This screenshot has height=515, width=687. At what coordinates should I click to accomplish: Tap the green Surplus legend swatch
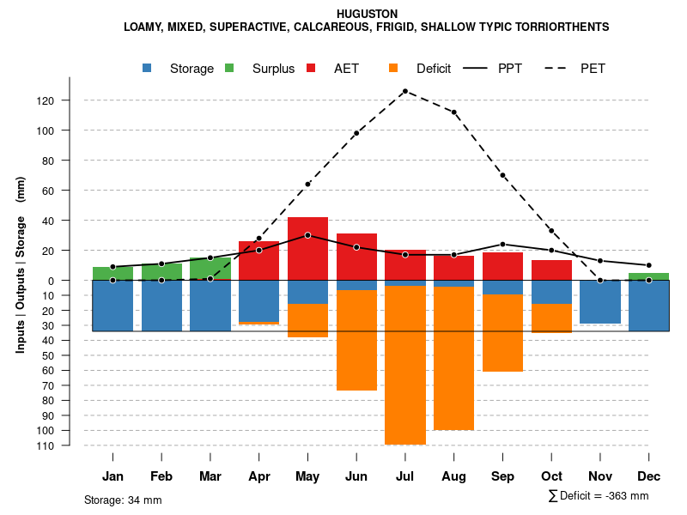click(229, 68)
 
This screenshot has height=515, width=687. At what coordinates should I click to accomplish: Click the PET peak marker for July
click(404, 91)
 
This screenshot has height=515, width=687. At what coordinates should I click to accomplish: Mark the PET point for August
click(453, 112)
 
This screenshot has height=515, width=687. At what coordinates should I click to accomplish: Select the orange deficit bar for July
click(404, 365)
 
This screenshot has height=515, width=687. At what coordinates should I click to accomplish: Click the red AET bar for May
click(307, 249)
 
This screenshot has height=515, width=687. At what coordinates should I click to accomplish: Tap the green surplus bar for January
click(112, 274)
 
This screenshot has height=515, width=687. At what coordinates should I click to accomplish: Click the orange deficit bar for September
click(502, 333)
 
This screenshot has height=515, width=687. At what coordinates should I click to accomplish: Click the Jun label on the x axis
click(356, 476)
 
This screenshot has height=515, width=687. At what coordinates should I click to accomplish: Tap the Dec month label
click(648, 476)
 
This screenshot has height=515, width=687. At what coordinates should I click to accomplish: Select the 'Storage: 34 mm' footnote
click(123, 500)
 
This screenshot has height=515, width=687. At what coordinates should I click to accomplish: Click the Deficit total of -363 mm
click(598, 495)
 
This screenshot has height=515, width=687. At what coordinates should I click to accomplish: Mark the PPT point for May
click(307, 235)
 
